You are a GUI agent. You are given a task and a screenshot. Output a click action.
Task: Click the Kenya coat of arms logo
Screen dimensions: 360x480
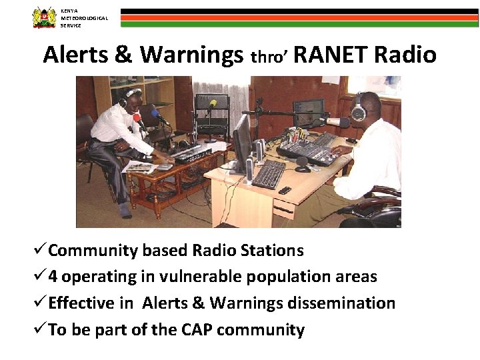(45, 17)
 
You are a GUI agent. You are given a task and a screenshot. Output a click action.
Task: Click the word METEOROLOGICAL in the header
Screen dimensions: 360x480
(84, 18)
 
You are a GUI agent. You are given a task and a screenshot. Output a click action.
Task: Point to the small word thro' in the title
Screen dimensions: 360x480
(269, 57)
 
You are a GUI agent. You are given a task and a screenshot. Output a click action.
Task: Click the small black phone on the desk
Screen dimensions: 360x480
(285, 191)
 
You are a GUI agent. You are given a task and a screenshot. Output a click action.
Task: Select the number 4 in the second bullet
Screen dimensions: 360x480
(53, 277)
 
